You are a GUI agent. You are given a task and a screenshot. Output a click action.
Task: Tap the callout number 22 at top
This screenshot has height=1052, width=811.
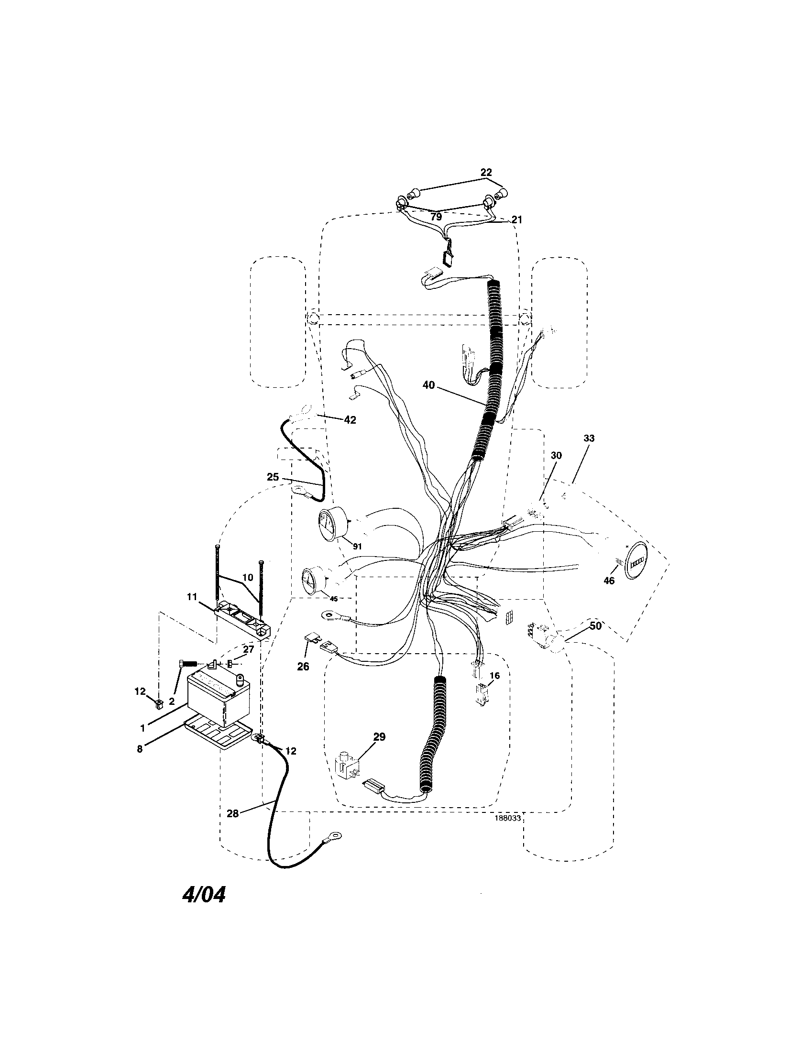(x=486, y=173)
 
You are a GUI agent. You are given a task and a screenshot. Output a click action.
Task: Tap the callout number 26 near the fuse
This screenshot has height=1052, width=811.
(x=303, y=667)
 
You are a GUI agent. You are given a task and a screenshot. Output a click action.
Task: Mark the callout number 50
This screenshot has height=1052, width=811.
(x=595, y=626)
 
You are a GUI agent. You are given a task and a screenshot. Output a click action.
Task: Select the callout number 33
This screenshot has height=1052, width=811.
(x=589, y=438)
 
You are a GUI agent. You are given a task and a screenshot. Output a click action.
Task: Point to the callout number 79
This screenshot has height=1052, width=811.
(x=436, y=217)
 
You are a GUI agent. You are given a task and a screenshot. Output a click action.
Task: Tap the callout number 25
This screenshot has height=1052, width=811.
(x=273, y=477)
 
